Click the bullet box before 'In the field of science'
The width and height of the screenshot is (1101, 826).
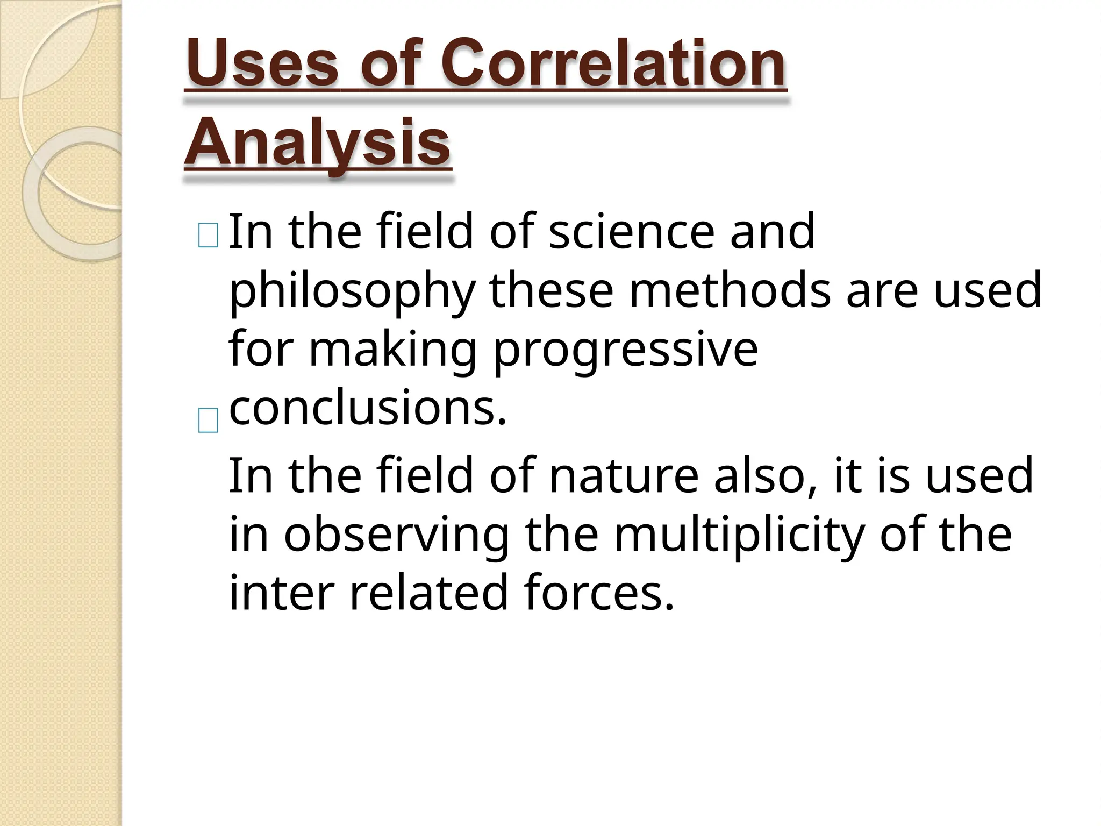click(x=208, y=236)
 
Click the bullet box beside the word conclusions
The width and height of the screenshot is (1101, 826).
click(x=208, y=420)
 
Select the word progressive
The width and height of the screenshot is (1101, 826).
click(x=625, y=350)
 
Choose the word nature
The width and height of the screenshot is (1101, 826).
click(x=624, y=475)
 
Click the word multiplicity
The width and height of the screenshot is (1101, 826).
click(x=739, y=535)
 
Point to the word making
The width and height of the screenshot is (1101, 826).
click(x=392, y=350)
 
